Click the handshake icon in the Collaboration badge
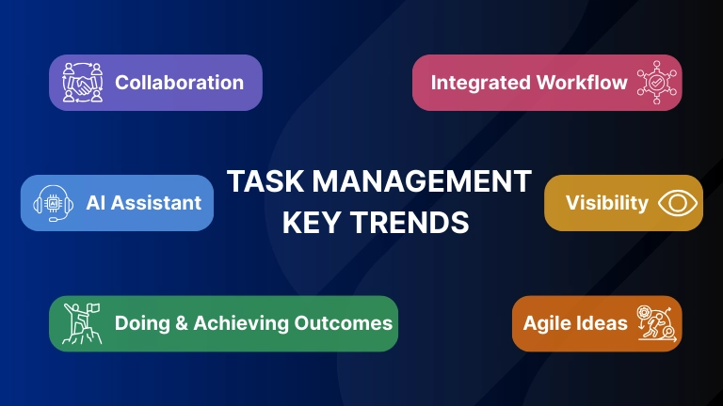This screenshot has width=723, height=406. click(x=81, y=83)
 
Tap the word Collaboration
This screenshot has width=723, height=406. click(x=179, y=83)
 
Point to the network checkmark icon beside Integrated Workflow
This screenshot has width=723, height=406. click(x=654, y=83)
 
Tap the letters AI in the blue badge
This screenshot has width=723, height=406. click(x=96, y=203)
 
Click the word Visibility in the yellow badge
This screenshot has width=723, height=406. click(x=606, y=203)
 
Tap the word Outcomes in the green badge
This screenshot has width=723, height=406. click(x=342, y=323)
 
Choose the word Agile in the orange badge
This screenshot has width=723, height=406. click(x=547, y=323)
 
